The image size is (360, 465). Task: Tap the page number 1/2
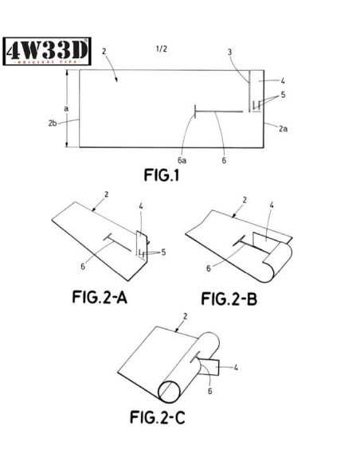point(162,49)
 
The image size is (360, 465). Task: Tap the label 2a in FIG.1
point(283,127)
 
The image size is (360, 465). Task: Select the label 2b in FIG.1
point(52,123)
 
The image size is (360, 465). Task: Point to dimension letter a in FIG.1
point(66,107)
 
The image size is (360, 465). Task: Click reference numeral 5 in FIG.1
point(283,95)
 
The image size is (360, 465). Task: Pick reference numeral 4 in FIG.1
point(282,80)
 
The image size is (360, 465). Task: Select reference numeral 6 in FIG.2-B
point(209,268)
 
